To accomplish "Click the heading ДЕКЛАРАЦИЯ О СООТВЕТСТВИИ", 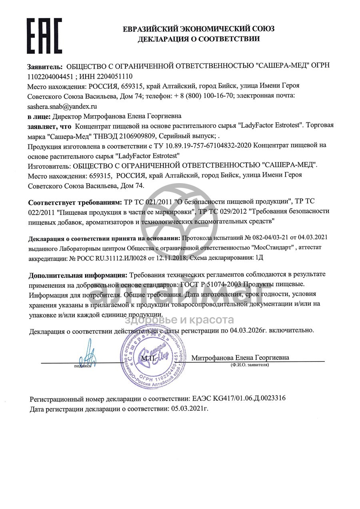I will click(x=198, y=39).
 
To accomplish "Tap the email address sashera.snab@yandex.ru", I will click(x=62, y=107).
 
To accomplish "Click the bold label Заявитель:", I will click(x=45, y=66).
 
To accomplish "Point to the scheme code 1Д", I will click(x=259, y=258).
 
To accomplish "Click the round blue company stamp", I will click(x=154, y=355).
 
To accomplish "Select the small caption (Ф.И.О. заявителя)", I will click(x=250, y=365).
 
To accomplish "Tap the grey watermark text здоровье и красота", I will click(x=179, y=320).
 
